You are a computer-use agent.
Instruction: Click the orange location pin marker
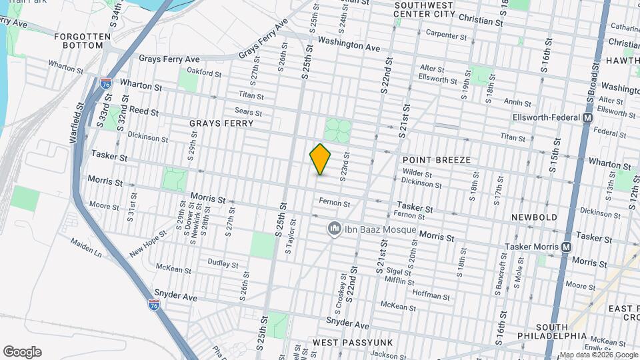(x=320, y=159)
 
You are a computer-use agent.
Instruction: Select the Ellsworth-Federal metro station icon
(x=587, y=117)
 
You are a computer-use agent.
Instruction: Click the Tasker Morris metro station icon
(x=566, y=247)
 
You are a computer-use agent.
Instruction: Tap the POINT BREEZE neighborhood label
(x=437, y=160)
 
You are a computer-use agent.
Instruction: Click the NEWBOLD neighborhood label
(x=533, y=218)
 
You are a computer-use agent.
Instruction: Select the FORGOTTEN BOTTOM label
(x=79, y=40)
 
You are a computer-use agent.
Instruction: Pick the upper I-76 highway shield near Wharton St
(x=106, y=83)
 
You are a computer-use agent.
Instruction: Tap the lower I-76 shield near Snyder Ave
(x=154, y=304)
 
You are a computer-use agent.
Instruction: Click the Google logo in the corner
(x=22, y=351)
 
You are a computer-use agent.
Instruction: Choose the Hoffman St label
(x=432, y=295)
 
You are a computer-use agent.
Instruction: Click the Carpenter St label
(x=446, y=34)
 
